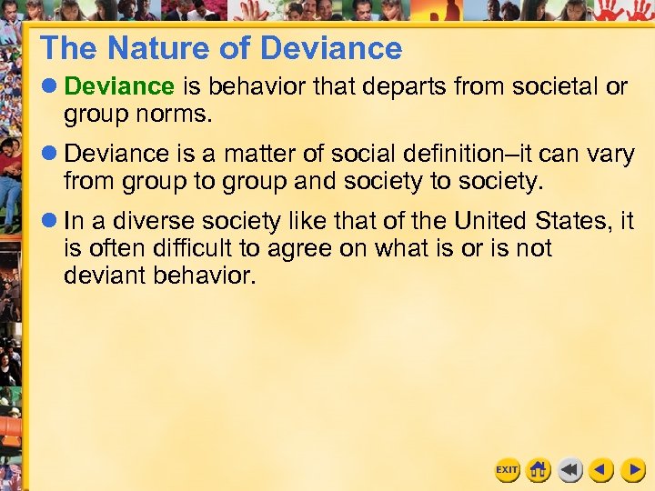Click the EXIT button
coord(507,470)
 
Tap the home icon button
coord(539,470)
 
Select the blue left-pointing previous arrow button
coord(601,470)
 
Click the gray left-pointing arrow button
coord(570,470)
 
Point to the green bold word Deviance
coord(119,86)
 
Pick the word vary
coord(610,154)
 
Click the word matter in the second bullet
coord(264,154)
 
